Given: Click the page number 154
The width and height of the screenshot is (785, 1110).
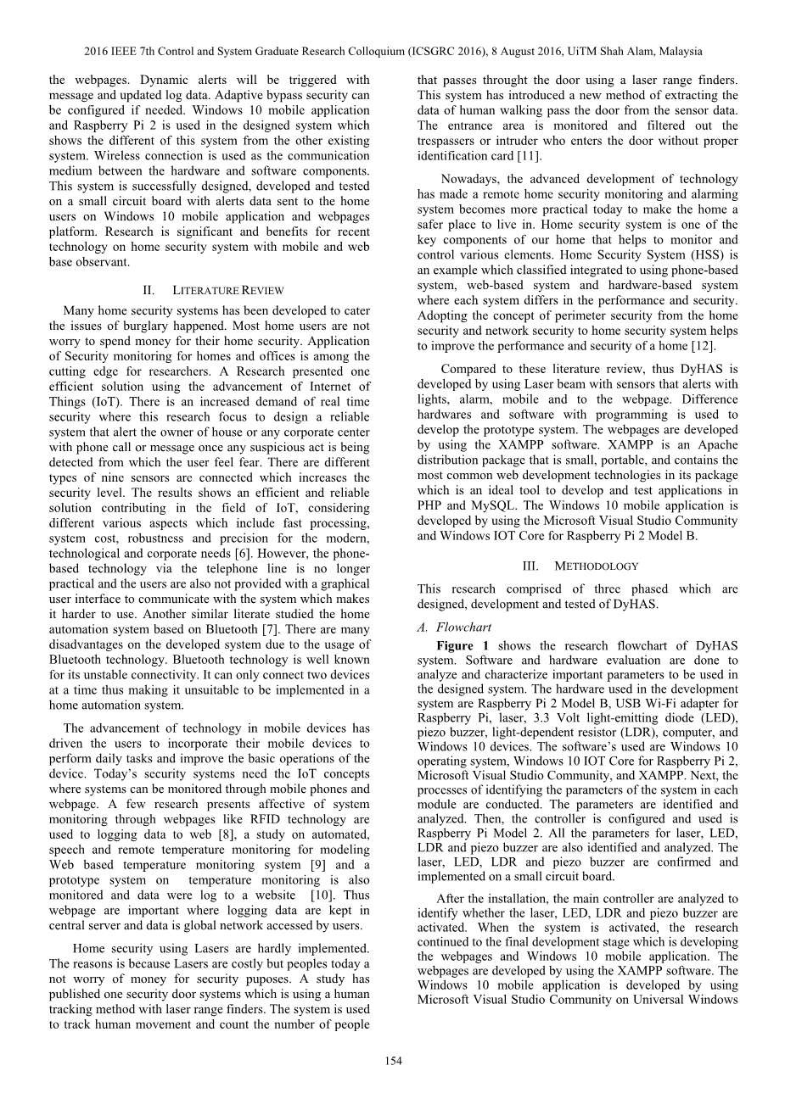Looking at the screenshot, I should (393, 1061).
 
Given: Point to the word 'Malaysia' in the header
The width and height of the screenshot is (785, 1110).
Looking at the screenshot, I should (679, 51).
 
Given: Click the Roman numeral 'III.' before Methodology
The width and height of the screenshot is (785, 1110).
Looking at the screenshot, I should (537, 566).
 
